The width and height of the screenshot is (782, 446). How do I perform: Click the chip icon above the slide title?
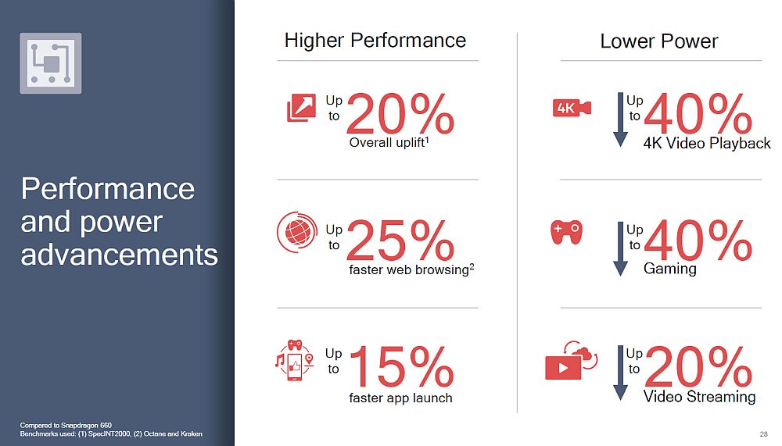pos(51,63)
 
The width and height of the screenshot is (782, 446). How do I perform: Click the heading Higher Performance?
pos(375,41)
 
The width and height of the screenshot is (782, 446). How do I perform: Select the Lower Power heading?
pos(658,41)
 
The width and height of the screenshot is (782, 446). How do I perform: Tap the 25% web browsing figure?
pos(400,241)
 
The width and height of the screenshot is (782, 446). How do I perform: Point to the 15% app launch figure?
pos(402,367)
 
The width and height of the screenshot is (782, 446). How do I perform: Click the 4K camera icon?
pos(572,108)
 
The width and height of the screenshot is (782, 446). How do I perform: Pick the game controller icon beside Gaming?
pos(566,232)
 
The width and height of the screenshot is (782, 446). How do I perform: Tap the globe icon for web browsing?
pos(297,232)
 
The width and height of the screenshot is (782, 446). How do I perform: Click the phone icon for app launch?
pos(295,360)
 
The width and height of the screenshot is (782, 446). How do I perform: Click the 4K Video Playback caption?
pos(707,144)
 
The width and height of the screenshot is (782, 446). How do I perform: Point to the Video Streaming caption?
pos(699,397)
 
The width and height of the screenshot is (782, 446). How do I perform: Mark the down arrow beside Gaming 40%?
pos(620,248)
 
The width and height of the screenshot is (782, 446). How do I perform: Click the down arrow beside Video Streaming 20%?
pos(620,373)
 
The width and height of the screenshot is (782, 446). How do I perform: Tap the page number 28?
pos(763,434)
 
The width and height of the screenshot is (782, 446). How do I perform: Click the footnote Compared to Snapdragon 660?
pos(66,425)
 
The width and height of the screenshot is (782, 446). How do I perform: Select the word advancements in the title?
pos(119,255)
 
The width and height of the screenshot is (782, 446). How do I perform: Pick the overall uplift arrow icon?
pos(301,108)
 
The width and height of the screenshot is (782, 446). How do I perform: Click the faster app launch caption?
pos(400,398)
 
